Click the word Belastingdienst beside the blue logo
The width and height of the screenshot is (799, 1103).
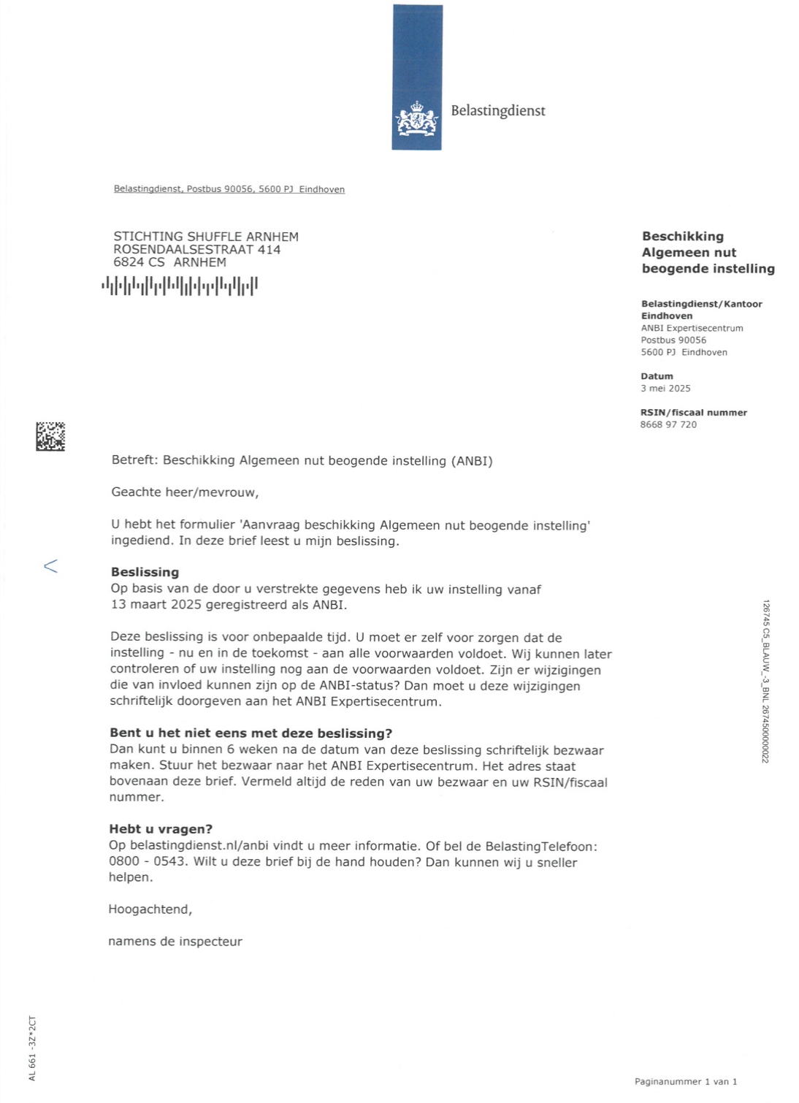pos(497,110)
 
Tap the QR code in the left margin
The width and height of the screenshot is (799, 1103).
pos(50,436)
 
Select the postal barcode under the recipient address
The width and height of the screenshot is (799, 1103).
pos(180,286)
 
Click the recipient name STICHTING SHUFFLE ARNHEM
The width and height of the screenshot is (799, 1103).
pos(206,237)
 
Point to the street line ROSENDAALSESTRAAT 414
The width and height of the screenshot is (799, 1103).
pos(196,250)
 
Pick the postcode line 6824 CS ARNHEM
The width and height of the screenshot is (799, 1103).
pos(169,262)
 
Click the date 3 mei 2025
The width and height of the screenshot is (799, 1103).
pos(665,389)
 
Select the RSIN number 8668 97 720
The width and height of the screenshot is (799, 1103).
pos(668,424)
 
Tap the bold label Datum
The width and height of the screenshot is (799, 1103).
pos(657,376)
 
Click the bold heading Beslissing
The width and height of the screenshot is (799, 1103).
pos(145,572)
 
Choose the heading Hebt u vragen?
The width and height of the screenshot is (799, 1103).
pos(161,829)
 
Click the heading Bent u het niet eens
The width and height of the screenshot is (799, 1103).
pos(251,733)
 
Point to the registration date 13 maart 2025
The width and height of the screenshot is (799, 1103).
pos(157,605)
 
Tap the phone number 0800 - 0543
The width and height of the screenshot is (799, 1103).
pos(148,862)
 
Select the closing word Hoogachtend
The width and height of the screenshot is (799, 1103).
pos(150,909)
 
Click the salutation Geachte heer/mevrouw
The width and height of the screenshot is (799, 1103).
pos(185,492)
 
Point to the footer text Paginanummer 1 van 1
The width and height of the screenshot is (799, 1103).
pos(686,1082)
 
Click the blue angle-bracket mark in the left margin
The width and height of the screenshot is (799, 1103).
pos(50,566)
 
